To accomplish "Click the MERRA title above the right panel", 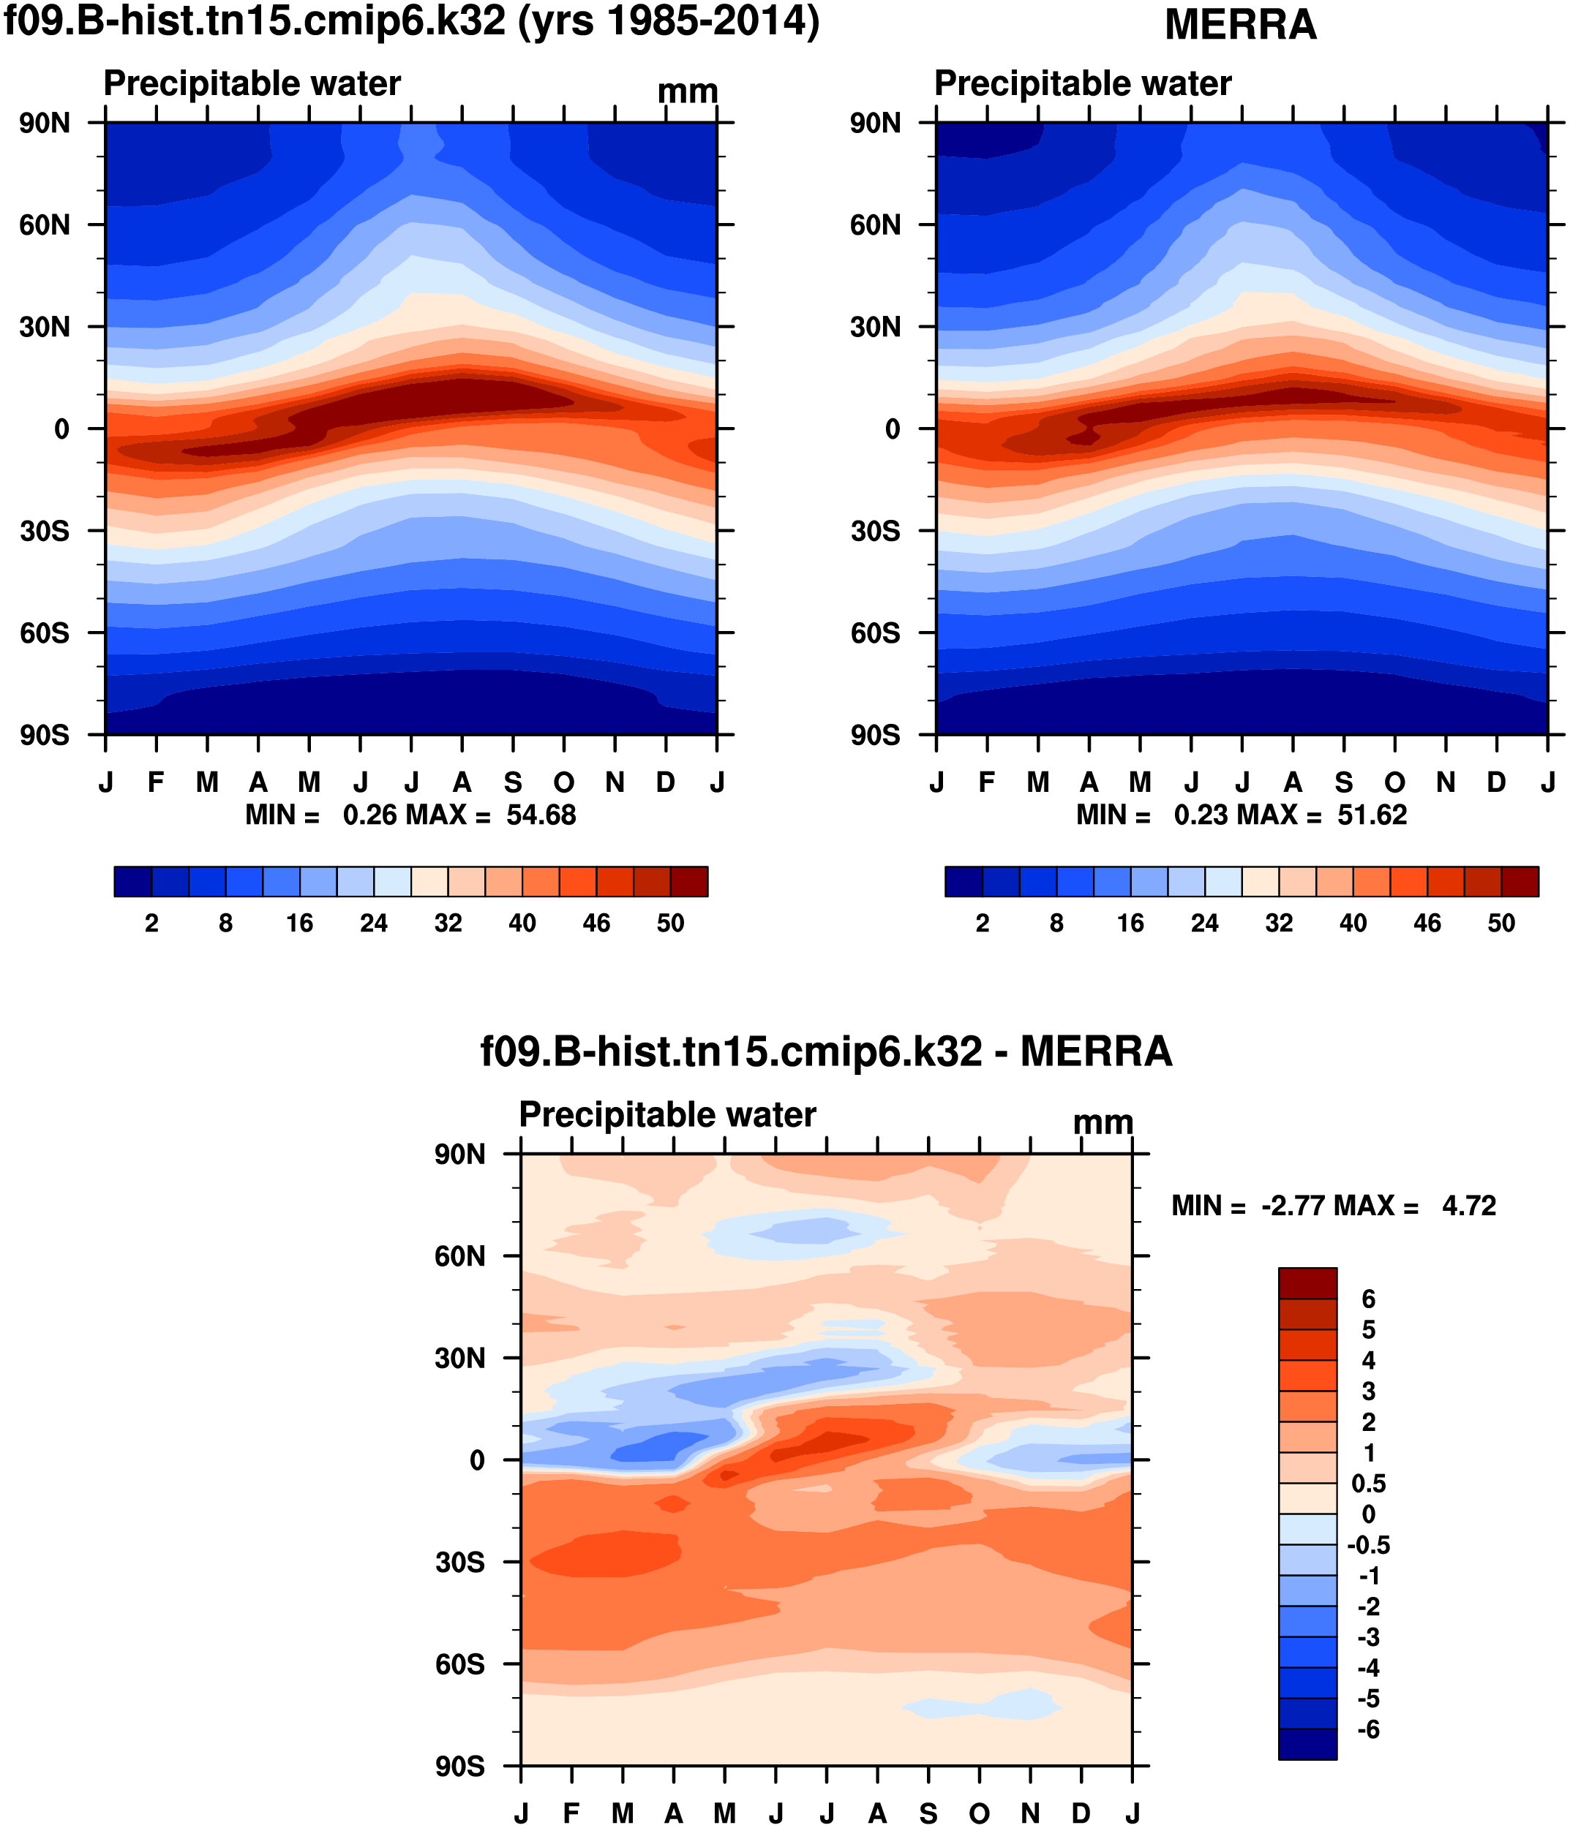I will (1240, 25).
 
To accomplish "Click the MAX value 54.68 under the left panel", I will (540, 815).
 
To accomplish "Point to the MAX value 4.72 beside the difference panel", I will (1468, 1205).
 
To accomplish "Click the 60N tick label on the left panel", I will (44, 225).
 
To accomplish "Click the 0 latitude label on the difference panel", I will (476, 1460).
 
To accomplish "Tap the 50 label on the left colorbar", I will (670, 923).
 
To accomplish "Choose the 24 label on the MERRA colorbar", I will (1203, 923).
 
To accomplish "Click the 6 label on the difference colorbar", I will (1368, 1299).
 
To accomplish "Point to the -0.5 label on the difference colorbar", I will (1368, 1545).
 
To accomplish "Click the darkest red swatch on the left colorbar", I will (688, 881).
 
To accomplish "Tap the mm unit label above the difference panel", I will (1103, 1122).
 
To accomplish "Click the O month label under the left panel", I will (563, 782).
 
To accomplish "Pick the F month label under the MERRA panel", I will (987, 782).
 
